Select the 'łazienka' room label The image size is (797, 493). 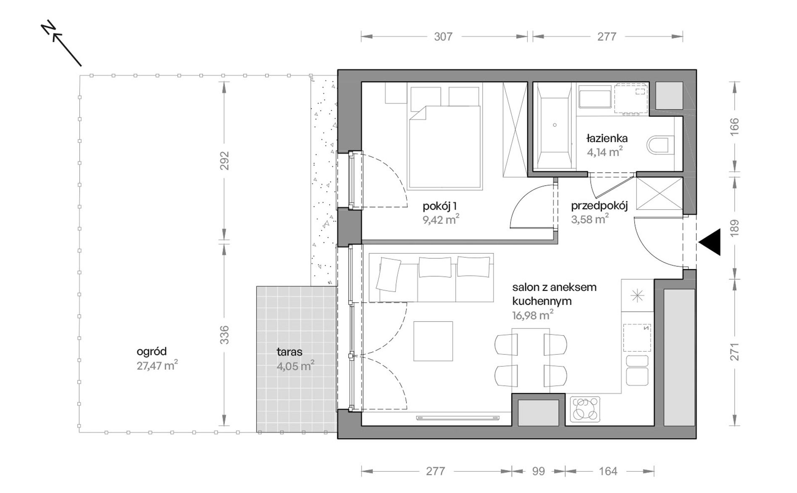click(607, 138)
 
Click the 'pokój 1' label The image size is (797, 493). click(440, 206)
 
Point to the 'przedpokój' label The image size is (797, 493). click(599, 206)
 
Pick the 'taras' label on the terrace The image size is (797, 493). click(289, 352)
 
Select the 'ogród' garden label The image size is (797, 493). click(152, 351)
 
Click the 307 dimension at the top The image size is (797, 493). click(443, 37)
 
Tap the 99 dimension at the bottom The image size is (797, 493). click(538, 471)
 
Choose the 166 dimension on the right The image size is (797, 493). click(734, 126)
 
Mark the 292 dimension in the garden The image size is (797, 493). click(225, 160)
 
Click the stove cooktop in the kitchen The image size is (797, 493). click(585, 409)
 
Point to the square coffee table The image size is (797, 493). click(433, 341)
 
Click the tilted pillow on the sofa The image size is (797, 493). click(388, 274)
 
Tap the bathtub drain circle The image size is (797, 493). click(555, 125)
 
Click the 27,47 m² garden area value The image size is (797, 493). click(157, 366)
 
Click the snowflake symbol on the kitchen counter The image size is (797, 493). click(637, 296)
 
